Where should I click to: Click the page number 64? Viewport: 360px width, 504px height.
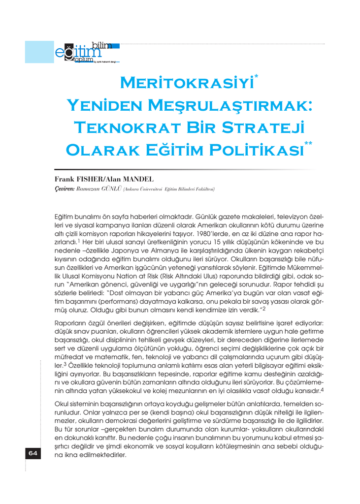click(33, 453)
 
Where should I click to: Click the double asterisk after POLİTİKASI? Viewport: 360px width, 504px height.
click(309, 143)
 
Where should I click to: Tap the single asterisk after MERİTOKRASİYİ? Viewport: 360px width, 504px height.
click(257, 77)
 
